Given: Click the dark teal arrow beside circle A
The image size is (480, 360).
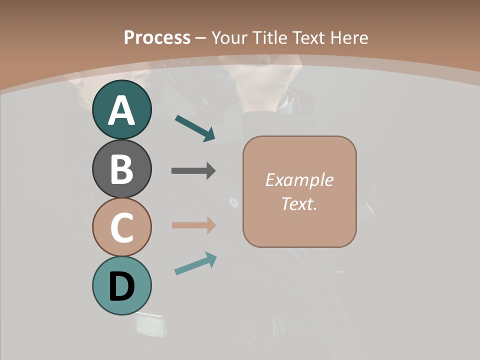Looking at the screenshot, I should coord(195,128).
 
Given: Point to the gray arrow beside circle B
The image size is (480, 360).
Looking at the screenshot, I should coord(193,170).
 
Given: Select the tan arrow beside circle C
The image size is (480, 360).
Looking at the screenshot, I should coord(193,225).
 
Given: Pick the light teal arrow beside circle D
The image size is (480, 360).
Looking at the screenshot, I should coord(195,263).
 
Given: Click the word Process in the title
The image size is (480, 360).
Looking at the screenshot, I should coord(157,37).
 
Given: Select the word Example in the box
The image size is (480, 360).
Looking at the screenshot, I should coord(299,180).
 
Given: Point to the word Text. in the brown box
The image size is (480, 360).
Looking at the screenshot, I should coord(299,203).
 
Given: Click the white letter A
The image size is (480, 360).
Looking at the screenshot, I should coord(121,110).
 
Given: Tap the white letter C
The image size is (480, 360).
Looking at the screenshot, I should coord(121,227).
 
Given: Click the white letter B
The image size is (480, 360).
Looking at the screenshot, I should coord(121,169).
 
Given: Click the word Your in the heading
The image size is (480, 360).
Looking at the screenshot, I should coord(230,37).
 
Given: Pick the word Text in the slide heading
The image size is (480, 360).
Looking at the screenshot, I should coord(308,37).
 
